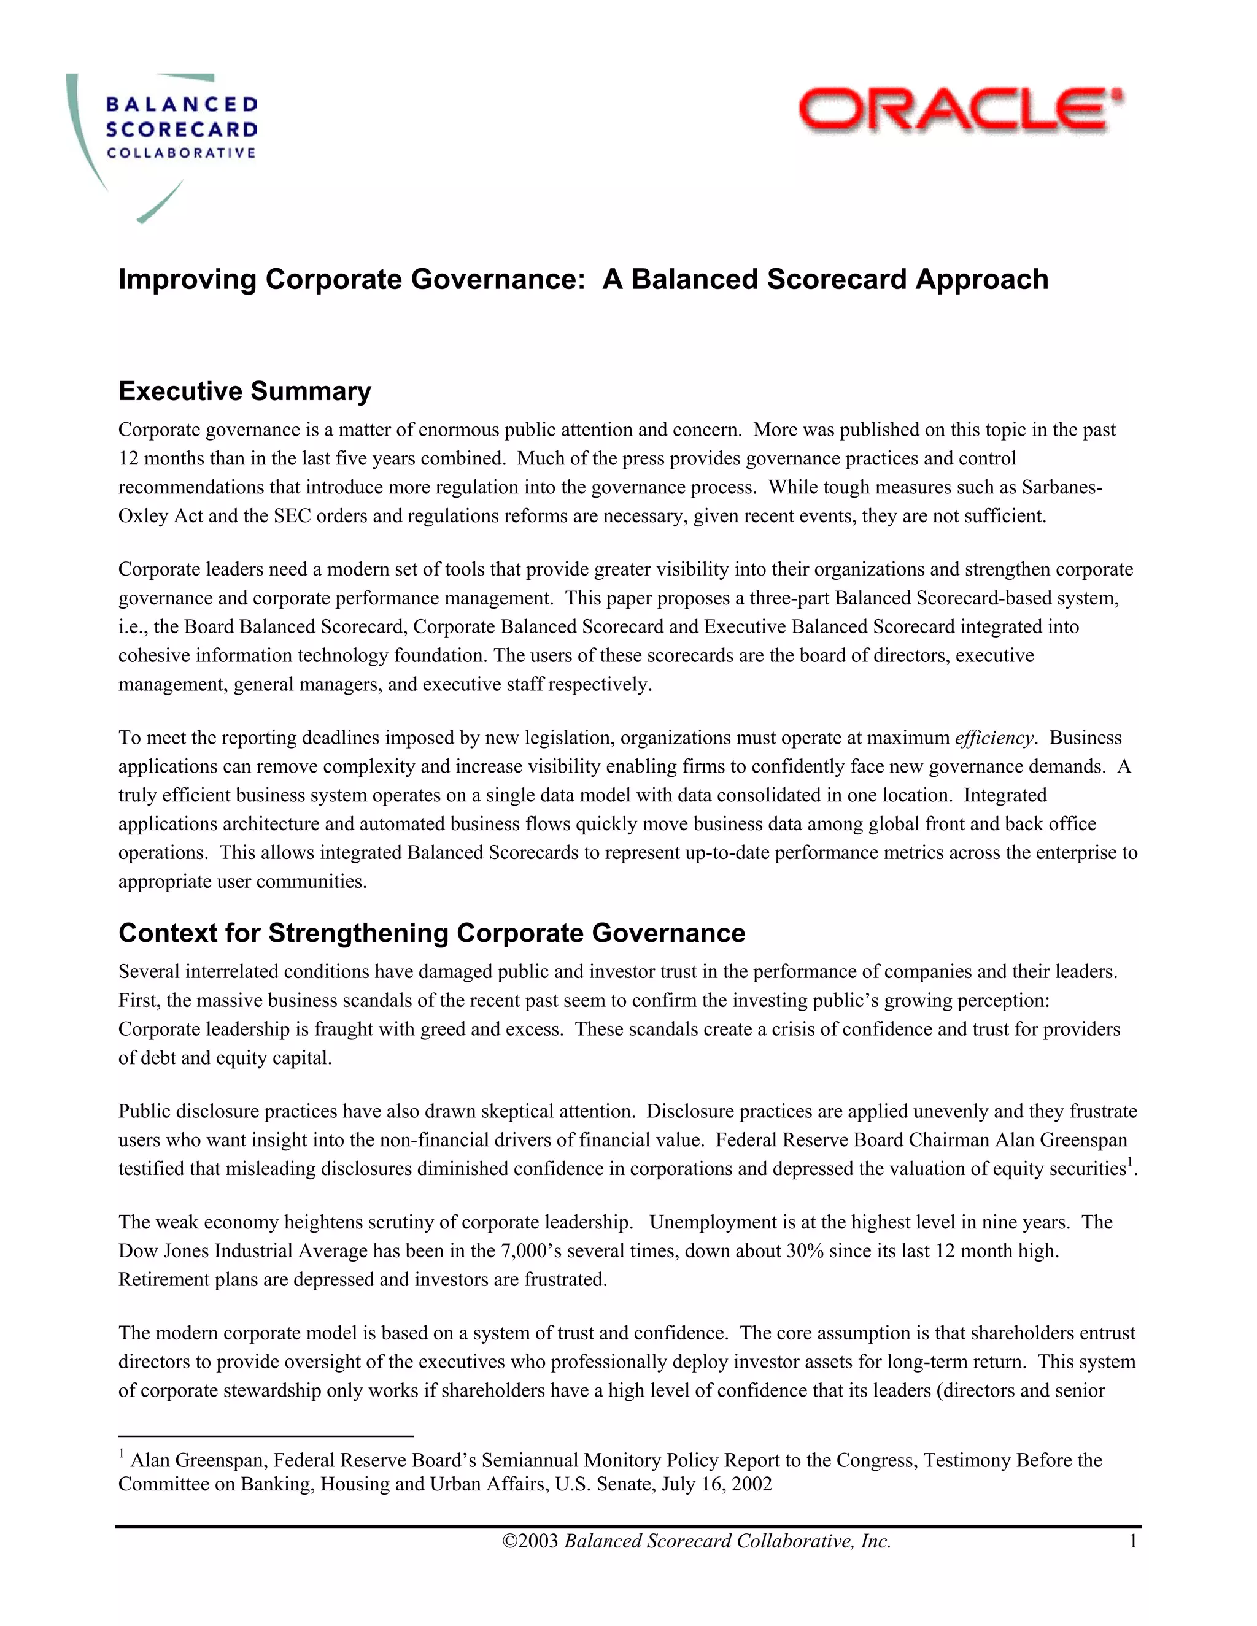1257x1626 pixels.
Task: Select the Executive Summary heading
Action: point(244,391)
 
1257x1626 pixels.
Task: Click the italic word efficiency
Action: point(994,738)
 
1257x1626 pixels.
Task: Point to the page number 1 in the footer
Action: point(1132,1541)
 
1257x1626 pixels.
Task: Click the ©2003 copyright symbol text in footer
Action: point(531,1541)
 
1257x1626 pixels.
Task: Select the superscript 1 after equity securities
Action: point(1130,1162)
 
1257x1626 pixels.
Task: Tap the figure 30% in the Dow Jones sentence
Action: point(804,1250)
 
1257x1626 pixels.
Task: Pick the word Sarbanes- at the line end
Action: point(1062,487)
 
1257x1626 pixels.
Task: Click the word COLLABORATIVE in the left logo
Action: point(182,153)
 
